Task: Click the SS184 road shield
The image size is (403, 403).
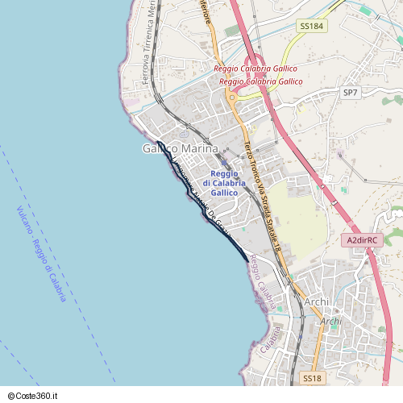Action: [x=311, y=27]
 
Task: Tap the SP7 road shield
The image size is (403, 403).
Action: [x=350, y=93]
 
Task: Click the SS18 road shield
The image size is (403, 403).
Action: [x=313, y=378]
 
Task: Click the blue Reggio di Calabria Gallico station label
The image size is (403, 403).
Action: [x=224, y=184]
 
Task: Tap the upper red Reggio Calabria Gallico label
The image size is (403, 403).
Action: [x=255, y=69]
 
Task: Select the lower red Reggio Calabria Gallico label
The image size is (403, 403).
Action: [x=260, y=81]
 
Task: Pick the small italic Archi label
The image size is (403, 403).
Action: [x=331, y=321]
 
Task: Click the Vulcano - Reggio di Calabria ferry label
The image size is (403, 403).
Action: [x=41, y=254]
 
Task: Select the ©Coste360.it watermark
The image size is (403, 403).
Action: [x=32, y=396]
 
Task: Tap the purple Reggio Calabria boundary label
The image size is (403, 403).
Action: [x=262, y=281]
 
